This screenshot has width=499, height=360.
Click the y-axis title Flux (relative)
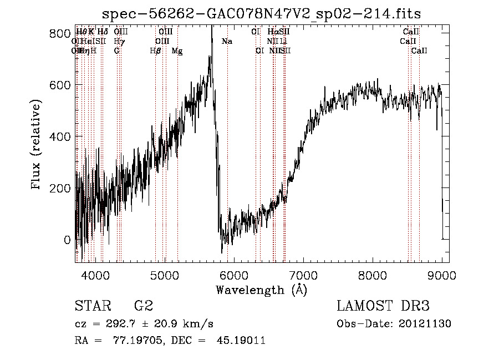tap(37, 145)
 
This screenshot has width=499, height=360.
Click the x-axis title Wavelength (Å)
tap(261, 290)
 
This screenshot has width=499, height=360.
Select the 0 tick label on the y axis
tap(67, 240)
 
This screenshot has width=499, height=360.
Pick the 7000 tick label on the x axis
tap(304, 275)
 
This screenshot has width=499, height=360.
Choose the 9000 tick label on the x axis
tap(442, 275)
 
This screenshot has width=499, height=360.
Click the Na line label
tap(226, 42)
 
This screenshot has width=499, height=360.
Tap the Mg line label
tap(177, 51)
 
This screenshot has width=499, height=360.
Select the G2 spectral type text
tap(143, 306)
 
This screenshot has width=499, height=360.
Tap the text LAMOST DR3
tap(383, 306)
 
